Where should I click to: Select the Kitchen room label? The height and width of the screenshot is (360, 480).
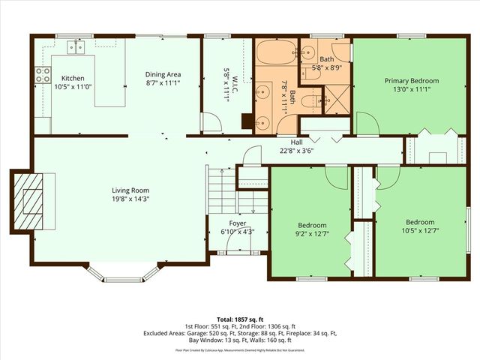(x=73, y=78)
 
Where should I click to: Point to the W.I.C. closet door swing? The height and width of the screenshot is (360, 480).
(x=211, y=122)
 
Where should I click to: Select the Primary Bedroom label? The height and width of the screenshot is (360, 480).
(x=412, y=80)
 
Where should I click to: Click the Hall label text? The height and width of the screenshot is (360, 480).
(x=296, y=141)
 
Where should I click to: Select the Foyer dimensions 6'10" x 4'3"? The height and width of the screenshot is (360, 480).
(x=237, y=232)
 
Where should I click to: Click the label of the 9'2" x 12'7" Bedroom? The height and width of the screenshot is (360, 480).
(x=312, y=225)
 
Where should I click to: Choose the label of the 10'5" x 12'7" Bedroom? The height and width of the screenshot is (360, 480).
(x=420, y=222)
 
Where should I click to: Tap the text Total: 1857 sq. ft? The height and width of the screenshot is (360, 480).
(x=240, y=319)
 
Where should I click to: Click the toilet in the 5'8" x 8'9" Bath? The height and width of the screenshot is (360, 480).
(x=340, y=52)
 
